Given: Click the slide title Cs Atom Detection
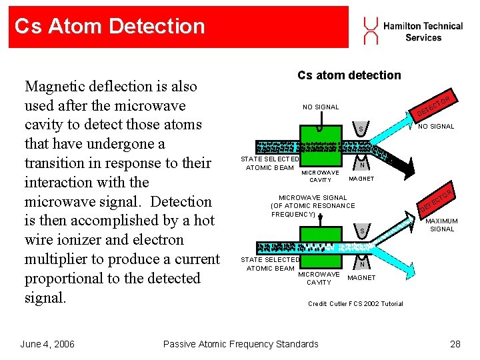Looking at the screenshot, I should point(109,27).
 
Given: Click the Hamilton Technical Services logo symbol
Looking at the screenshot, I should point(370,29).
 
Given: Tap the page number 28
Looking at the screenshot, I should point(455,344).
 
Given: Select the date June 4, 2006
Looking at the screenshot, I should point(47,344).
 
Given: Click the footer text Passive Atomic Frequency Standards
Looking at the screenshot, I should point(241,344).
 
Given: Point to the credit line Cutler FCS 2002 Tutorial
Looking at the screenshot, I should point(355,304).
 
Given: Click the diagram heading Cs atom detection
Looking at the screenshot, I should point(349,75).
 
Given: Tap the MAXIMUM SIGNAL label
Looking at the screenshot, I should point(441,225).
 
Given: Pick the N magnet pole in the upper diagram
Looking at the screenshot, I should point(361,163).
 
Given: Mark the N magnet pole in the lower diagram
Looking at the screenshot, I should point(361,265).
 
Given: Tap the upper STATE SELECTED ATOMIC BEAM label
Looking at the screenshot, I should point(270,163).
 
